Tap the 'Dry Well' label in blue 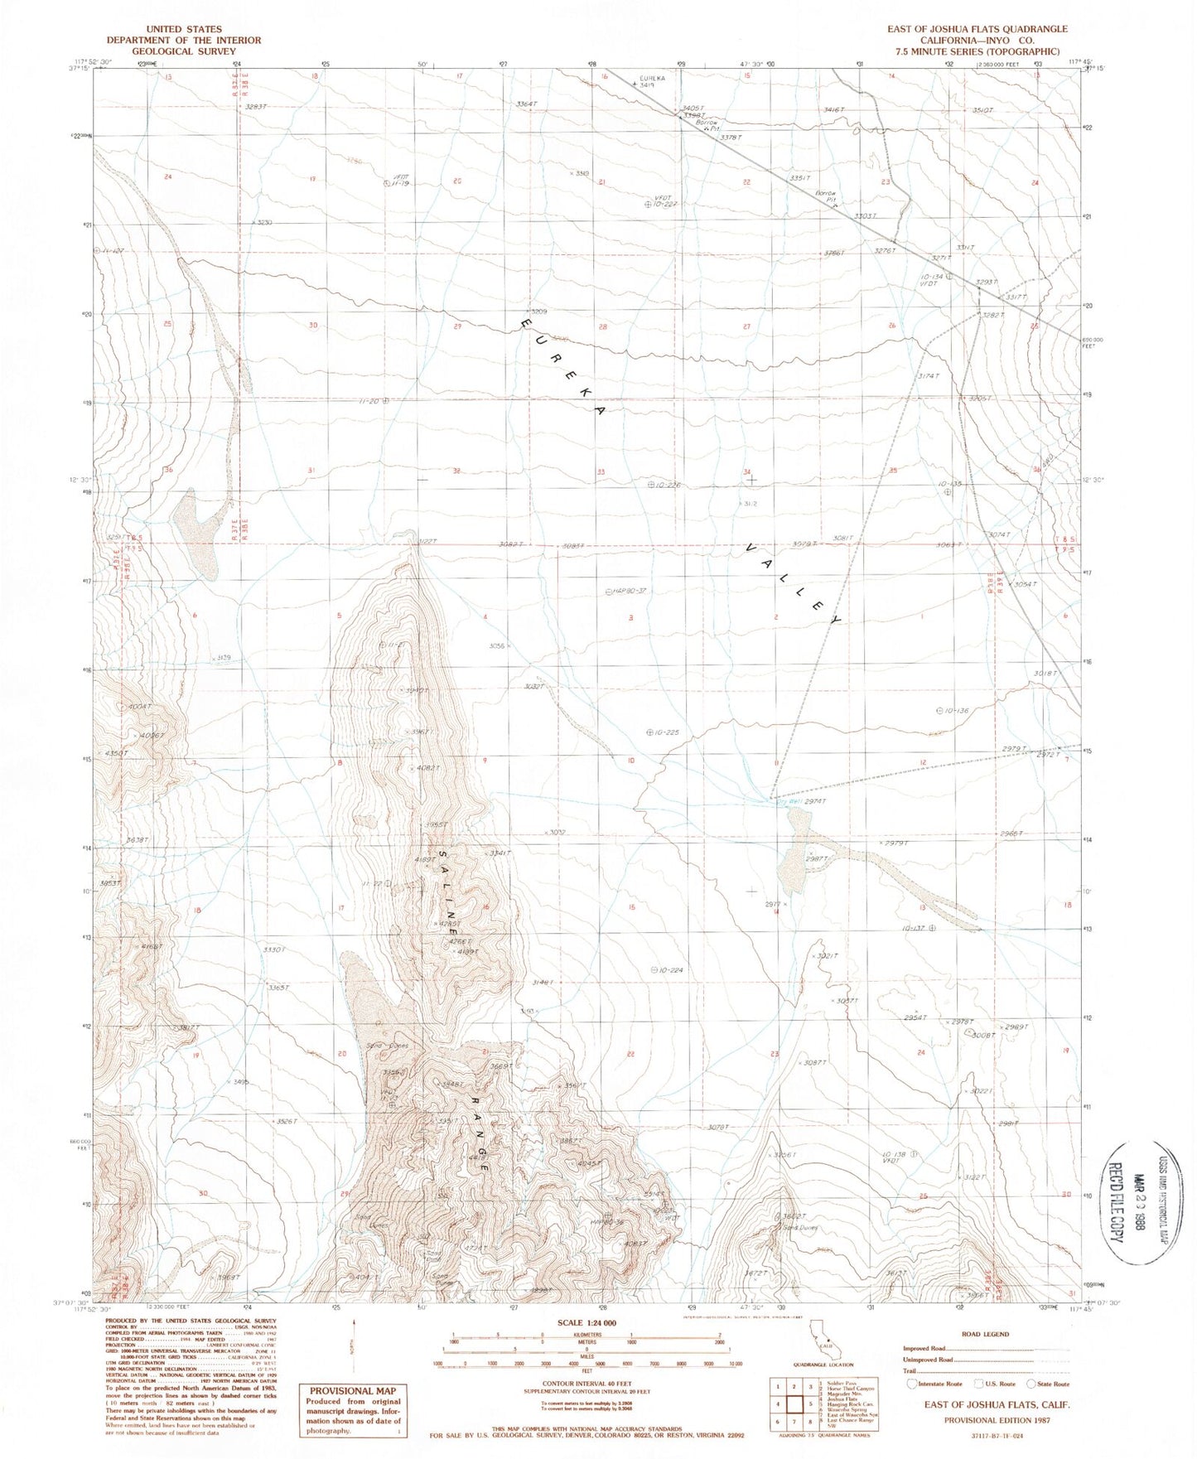[786, 801]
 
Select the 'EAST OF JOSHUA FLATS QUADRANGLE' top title [977, 29]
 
